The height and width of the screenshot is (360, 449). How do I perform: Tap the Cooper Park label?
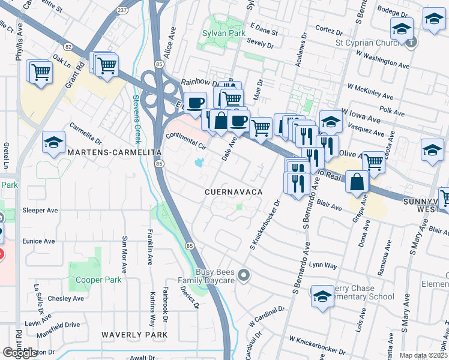(98, 280)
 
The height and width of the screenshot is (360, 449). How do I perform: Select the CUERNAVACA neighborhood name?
(234, 191)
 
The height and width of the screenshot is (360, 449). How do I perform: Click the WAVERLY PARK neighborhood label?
(134, 334)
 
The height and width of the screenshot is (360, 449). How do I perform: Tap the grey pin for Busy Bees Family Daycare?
(243, 275)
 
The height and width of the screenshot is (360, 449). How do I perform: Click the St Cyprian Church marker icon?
(411, 42)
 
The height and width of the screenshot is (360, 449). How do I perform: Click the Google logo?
(20, 353)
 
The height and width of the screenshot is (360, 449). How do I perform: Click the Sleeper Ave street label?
(40, 211)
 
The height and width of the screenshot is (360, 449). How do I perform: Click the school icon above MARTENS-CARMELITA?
(53, 143)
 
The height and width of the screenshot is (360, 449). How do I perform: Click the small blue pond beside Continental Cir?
(198, 162)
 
